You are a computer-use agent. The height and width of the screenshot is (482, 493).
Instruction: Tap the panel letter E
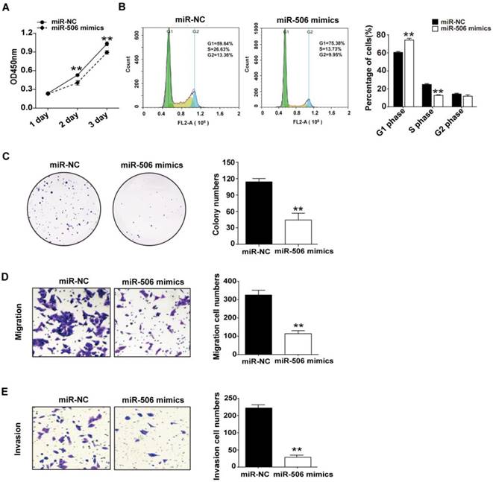coord(6,388)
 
